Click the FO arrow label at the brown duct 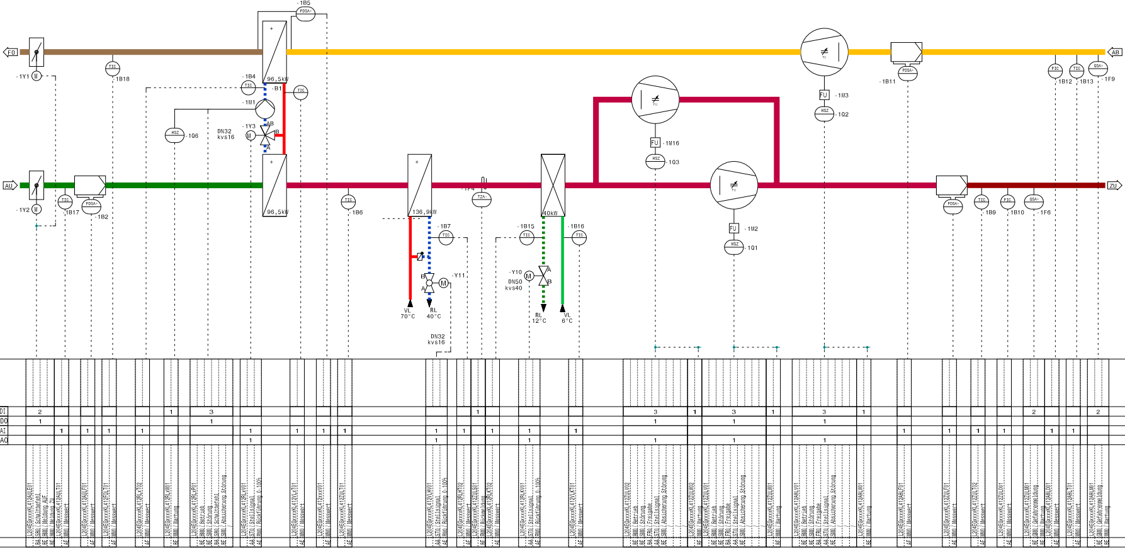coord(11,52)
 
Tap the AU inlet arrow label coord(9,186)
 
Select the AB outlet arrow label coord(1115,52)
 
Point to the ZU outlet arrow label coord(1114,186)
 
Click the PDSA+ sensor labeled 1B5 coord(305,14)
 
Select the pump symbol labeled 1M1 coord(265,108)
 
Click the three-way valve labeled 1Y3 coord(268,135)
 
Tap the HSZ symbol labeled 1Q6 coord(174,133)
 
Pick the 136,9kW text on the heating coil coord(423,212)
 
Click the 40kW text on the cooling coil coord(550,213)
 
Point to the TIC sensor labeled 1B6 coord(348,201)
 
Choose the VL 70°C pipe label coord(407,313)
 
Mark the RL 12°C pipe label coord(539,318)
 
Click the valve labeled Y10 coord(544,276)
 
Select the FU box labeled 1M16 coord(655,143)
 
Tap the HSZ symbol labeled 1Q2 coord(824,112)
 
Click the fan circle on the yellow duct coord(824,52)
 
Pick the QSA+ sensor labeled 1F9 coord(1098,67)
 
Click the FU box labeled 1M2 coord(733,228)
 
